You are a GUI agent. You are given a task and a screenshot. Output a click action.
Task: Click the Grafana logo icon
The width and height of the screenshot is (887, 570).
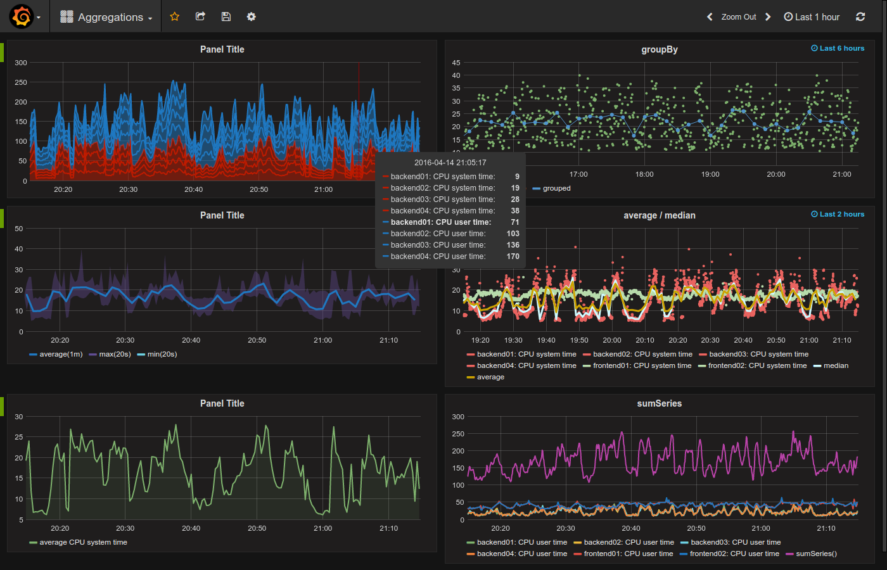(22, 16)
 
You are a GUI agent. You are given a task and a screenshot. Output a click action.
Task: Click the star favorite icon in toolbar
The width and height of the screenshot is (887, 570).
(175, 16)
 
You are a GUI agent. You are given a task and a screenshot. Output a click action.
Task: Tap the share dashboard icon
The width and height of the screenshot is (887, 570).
(200, 16)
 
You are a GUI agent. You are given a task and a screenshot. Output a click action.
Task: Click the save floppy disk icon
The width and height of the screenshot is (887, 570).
(226, 16)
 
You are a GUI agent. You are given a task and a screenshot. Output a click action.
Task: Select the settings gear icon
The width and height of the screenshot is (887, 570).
(252, 16)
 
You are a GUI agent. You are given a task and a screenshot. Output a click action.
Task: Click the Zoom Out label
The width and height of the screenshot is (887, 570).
(738, 17)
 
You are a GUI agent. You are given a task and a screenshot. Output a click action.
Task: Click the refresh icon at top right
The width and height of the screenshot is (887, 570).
(860, 17)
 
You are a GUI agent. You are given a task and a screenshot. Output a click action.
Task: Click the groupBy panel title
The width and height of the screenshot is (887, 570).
(659, 49)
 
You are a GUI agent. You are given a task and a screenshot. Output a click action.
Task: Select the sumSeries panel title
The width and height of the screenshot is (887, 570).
(659, 403)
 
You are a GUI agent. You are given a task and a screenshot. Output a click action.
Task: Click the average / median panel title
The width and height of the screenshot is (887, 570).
(659, 215)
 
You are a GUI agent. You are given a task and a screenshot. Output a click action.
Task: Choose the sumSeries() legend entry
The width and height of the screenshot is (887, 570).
(815, 554)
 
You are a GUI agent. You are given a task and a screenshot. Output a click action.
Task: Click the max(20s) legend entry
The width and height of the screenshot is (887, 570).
(115, 354)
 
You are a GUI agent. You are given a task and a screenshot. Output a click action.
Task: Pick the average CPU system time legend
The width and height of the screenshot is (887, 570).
(83, 542)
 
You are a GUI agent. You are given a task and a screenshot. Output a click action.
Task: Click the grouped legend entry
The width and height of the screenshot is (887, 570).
(556, 188)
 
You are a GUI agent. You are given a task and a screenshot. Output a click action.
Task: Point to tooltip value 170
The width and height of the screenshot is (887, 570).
(513, 256)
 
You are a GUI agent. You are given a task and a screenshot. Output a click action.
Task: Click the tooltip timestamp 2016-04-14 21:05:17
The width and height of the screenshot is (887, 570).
(450, 163)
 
